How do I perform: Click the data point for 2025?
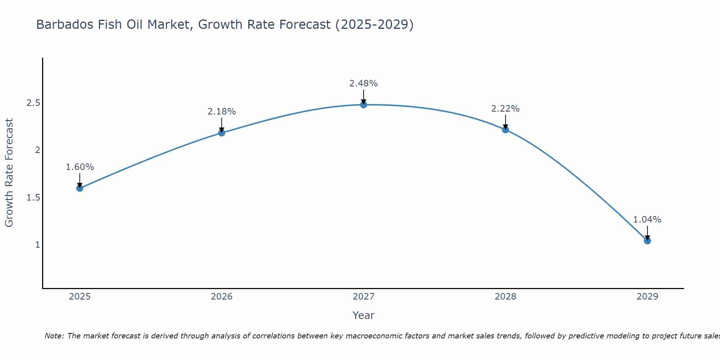[80, 188]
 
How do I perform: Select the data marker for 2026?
[222, 133]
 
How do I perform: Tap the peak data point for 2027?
[364, 105]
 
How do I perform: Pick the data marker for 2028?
[505, 130]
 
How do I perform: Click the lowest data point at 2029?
[647, 240]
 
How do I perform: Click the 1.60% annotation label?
[80, 167]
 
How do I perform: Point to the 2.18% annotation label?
[222, 112]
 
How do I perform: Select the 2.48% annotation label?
[364, 84]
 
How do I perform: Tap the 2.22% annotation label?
[505, 109]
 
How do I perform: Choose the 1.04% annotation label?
[647, 220]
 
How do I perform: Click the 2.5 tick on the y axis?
[33, 103]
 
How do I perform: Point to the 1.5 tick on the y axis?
[33, 198]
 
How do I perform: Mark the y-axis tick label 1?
[37, 245]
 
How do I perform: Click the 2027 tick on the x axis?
[364, 297]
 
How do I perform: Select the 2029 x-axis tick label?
[647, 297]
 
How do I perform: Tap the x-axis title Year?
[364, 315]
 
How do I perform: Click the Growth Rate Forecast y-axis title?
[9, 173]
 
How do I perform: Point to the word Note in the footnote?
[54, 336]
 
